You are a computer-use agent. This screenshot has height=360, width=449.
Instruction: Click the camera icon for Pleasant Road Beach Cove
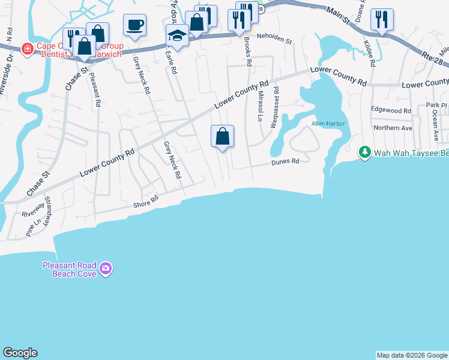pyautogui.click(x=106, y=268)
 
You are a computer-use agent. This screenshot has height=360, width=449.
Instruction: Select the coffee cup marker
pyautogui.click(x=134, y=25)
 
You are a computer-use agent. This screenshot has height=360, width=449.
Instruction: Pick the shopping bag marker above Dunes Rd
pyautogui.click(x=222, y=136)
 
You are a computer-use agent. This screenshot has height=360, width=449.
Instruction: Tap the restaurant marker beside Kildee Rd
pyautogui.click(x=381, y=19)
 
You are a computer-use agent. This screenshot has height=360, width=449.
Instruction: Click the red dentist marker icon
pyautogui.click(x=27, y=48)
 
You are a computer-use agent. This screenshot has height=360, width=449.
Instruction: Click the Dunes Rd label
pyautogui.click(x=285, y=161)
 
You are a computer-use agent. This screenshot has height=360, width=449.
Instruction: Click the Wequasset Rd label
pyautogui.click(x=276, y=106)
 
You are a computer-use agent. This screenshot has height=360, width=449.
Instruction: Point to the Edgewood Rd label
pyautogui.click(x=391, y=110)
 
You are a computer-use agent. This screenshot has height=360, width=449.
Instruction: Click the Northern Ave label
pyautogui.click(x=393, y=128)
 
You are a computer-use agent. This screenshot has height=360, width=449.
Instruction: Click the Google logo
pyautogui.click(x=20, y=353)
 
